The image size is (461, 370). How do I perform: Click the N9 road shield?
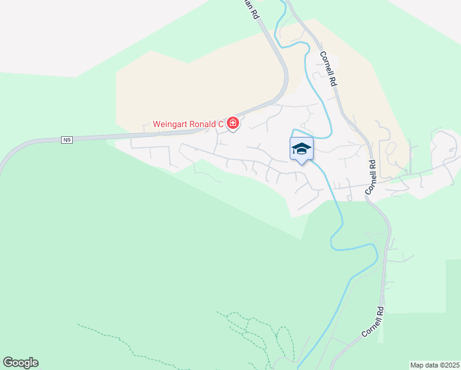pos(67,140)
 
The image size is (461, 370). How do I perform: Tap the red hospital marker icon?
pos(233,124)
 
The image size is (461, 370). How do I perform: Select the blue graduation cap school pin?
pos(301,149)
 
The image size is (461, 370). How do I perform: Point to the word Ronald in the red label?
pos(204,125)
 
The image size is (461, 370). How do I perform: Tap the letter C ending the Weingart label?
pos(221,125)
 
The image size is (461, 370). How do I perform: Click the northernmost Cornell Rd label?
pos(328,68)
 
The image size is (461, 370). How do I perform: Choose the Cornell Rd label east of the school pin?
pos(372,178)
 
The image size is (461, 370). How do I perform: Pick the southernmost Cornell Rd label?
pos(373,322)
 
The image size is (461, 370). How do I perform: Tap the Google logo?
pos(20,363)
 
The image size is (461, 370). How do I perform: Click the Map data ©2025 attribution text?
pos(434,365)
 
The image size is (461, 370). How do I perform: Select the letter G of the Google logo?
pos(8,363)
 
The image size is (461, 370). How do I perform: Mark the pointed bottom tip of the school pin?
pos(301,164)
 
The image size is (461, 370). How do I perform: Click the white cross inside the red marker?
pos(233,124)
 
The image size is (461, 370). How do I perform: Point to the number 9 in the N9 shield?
pos(70,140)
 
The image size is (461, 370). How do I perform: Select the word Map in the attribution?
pos(417,365)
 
